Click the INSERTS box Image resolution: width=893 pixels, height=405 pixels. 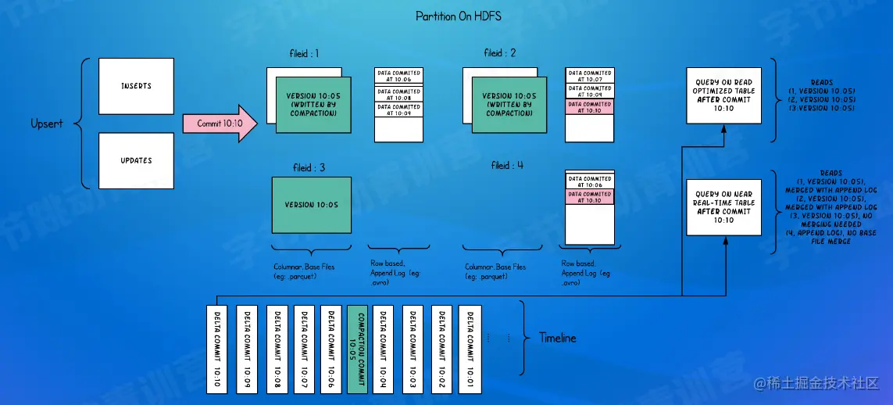coord(136,85)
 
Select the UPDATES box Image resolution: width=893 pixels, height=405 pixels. coord(136,160)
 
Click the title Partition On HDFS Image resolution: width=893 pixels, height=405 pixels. coord(459,16)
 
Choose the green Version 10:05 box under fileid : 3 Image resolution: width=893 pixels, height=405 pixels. coord(311,205)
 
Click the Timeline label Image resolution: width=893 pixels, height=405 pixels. coord(558,338)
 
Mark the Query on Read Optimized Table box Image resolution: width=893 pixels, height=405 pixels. coord(723,95)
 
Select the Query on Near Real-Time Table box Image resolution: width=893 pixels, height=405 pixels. coord(723,207)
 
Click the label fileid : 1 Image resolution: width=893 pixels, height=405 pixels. coord(304,54)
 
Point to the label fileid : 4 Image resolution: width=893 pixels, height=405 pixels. coord(508,166)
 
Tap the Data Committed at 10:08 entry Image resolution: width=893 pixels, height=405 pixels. coord(398,93)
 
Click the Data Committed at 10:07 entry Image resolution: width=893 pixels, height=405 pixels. coord(590,76)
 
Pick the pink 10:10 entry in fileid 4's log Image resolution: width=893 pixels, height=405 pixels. coord(589,197)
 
